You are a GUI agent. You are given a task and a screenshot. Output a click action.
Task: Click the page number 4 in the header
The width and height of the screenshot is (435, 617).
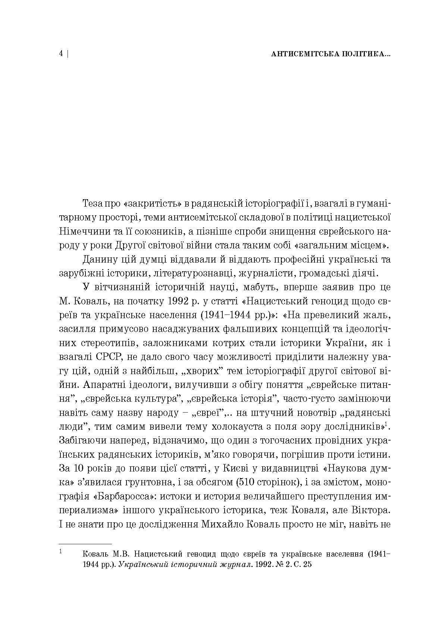61,54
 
